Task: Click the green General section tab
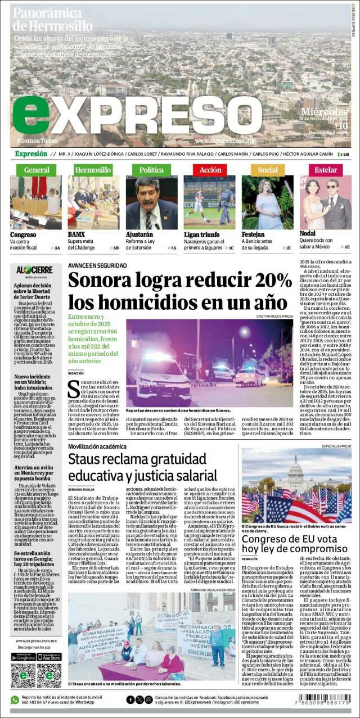click(x=36, y=169)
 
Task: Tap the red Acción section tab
click(x=210, y=169)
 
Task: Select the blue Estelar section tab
click(x=326, y=169)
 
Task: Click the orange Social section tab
click(x=268, y=169)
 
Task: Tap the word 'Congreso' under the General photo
click(x=23, y=234)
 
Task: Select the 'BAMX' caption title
click(x=76, y=234)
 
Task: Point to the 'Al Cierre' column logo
click(x=34, y=270)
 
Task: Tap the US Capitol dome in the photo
click(x=296, y=465)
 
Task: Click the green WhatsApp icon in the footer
click(x=15, y=700)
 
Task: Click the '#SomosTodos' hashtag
click(x=37, y=140)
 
